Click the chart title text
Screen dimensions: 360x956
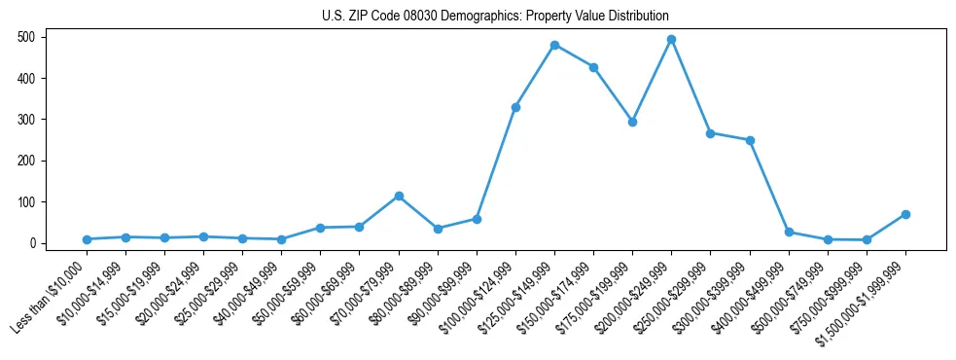tap(495, 17)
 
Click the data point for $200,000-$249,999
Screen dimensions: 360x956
tap(671, 40)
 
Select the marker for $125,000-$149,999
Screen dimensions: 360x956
tap(554, 45)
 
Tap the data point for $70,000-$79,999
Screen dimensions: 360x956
tap(399, 196)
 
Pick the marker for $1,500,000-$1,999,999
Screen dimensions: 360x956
tap(905, 214)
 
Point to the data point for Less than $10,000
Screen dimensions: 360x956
tap(87, 239)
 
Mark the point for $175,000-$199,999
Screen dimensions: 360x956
tap(632, 122)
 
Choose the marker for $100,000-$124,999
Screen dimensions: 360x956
tap(515, 107)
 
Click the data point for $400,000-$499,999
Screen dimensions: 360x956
tap(789, 232)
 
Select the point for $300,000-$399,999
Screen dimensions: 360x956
tap(750, 140)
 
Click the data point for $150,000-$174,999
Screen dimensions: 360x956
tap(593, 67)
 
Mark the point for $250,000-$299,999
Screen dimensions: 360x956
tap(710, 133)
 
